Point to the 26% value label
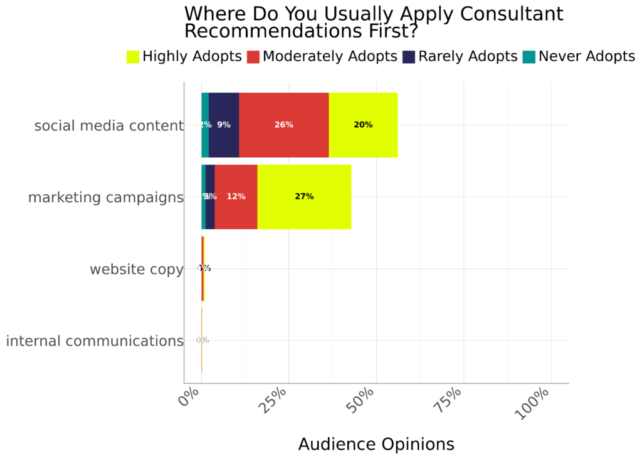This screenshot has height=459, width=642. click(283, 125)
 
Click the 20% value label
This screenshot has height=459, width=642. click(363, 125)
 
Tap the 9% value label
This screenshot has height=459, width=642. click(224, 125)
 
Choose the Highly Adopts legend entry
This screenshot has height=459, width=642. click(184, 57)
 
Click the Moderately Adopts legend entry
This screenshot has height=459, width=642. click(322, 57)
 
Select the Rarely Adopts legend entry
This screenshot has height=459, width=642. click(460, 57)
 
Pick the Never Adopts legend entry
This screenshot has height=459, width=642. click(579, 57)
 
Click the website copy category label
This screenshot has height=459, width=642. click(136, 269)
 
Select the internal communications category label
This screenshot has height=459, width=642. click(94, 341)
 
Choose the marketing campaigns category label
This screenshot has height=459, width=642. click(105, 198)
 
